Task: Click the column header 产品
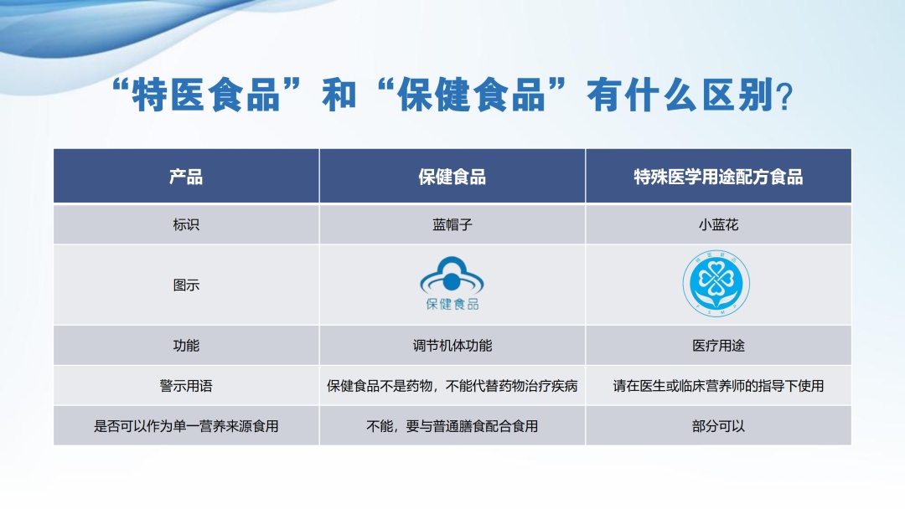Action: point(186,177)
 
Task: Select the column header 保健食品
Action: point(452,177)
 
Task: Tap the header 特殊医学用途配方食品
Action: point(718,177)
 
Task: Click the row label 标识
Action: point(186,225)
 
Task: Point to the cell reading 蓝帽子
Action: point(452,225)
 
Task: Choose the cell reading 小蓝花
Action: point(718,225)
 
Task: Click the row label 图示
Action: point(186,285)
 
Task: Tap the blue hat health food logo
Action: point(452,285)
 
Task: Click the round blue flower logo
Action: point(717,284)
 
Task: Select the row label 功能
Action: point(186,345)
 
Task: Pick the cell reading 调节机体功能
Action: point(452,345)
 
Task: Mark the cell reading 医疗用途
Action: point(718,345)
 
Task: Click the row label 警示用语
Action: point(186,386)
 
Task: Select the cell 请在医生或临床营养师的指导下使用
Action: point(718,386)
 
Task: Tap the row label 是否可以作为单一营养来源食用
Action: point(186,426)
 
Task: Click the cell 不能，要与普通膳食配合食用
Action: point(452,426)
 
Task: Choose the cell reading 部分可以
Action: point(718,426)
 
